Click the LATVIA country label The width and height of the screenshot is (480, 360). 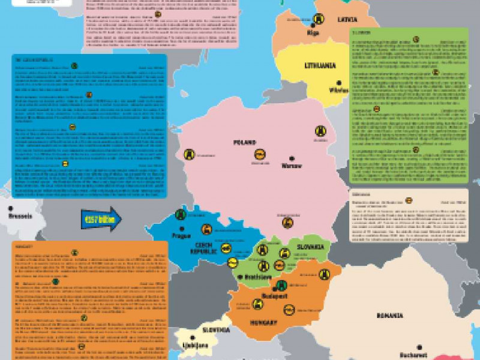(x=347, y=20)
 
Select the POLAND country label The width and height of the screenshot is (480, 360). (x=245, y=143)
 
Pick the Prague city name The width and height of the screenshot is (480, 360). (x=181, y=235)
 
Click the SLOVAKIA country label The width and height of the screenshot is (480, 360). (x=309, y=247)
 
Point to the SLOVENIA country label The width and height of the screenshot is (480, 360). (x=215, y=330)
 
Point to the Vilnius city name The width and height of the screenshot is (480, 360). (x=338, y=90)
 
